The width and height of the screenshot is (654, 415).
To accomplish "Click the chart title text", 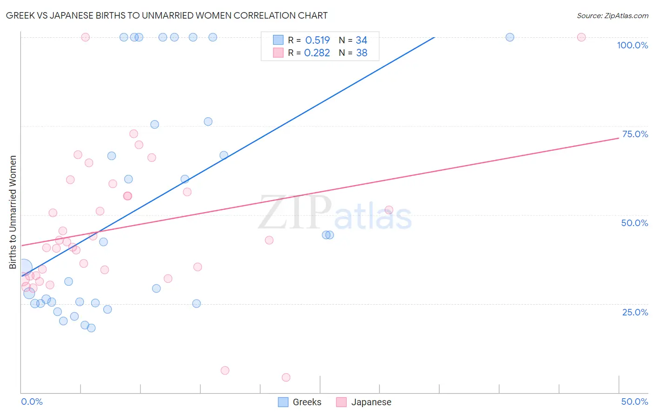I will [x=167, y=15].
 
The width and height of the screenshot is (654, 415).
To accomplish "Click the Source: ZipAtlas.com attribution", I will [x=612, y=15].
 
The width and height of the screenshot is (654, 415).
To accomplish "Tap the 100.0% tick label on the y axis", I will [x=632, y=45].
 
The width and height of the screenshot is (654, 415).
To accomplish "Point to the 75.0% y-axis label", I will [x=635, y=134].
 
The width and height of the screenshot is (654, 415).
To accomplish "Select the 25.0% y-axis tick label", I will [x=635, y=312].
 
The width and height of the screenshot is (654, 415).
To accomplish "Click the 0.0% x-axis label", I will [x=32, y=402].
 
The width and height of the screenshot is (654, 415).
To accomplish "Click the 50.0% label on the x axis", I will [x=634, y=402].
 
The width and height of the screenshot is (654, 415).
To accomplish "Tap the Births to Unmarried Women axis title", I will [x=13, y=212].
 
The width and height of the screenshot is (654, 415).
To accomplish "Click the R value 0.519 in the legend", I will [x=317, y=40].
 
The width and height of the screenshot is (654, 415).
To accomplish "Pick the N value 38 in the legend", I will [x=361, y=53].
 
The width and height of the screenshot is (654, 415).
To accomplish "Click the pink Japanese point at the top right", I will [x=581, y=37].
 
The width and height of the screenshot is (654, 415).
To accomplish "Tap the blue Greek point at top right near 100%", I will [x=510, y=37].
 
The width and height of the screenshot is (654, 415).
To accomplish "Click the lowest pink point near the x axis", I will [x=286, y=377].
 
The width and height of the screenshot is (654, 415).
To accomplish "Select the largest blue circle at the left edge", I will [x=23, y=268].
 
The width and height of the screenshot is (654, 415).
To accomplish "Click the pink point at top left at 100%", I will [x=85, y=37].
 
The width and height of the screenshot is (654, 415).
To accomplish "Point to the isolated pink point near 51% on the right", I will [x=389, y=210].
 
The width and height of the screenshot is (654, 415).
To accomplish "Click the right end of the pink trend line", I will [x=618, y=138].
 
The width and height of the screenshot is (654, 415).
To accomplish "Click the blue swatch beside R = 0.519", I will [x=278, y=40].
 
